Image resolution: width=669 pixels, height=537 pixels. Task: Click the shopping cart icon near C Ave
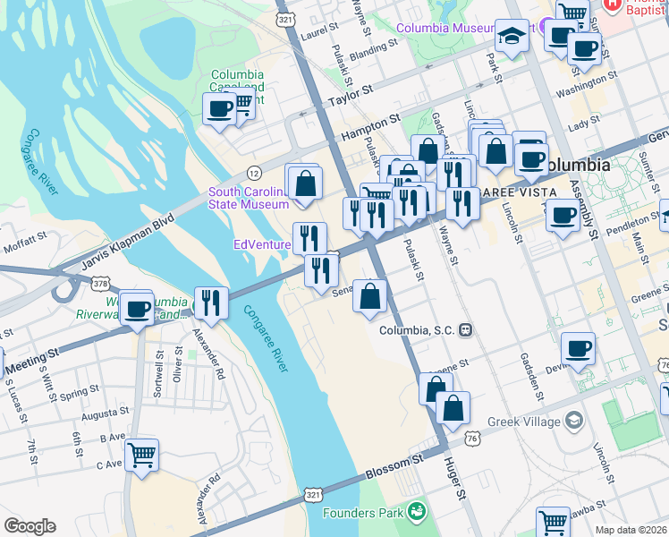[142, 455]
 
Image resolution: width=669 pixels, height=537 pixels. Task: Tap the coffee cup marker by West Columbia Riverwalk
[137, 309]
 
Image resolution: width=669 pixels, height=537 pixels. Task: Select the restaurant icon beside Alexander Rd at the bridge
[209, 302]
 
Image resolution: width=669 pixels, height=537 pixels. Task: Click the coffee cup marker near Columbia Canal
[219, 109]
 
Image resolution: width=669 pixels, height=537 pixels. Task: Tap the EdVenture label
[261, 244]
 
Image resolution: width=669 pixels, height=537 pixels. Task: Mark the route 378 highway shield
[99, 284]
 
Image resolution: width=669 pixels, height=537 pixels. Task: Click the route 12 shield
[255, 172]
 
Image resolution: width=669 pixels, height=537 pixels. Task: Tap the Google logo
[30, 525]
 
